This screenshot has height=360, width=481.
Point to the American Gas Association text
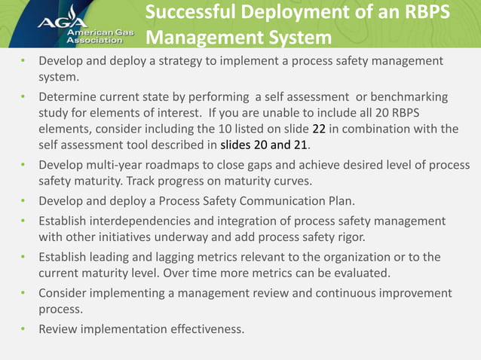click(94, 38)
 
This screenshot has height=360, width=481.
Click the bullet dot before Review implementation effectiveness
click(24, 329)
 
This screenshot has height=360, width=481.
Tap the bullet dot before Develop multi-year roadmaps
click(24, 165)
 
